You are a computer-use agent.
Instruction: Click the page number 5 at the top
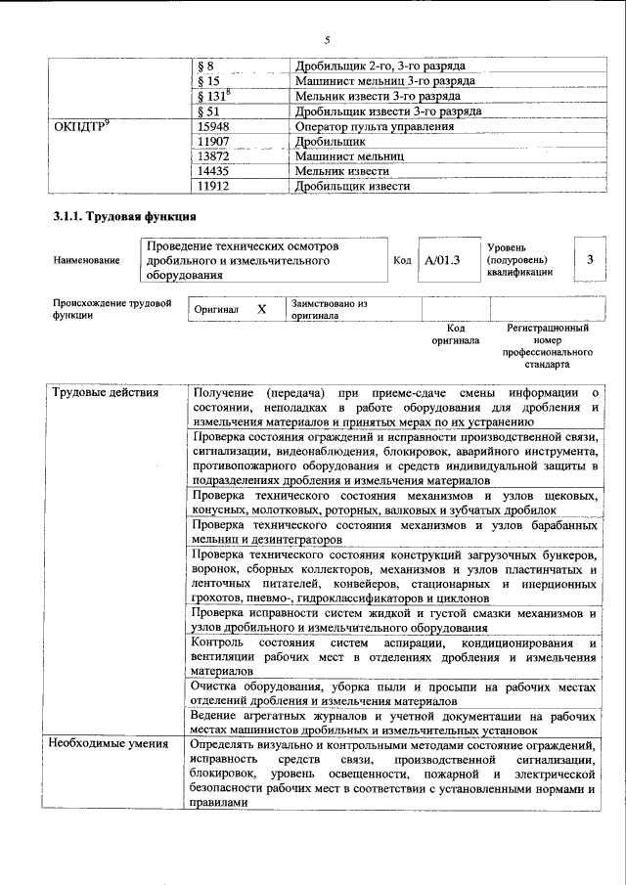pos(328,39)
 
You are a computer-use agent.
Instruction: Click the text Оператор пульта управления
pos(375,126)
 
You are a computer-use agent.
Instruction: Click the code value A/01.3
pos(442,260)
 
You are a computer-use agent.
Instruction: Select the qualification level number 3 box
pos(590,259)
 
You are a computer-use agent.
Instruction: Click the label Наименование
pos(87,260)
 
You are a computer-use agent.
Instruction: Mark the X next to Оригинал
pos(261,309)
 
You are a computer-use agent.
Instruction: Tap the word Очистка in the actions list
pos(216,686)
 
